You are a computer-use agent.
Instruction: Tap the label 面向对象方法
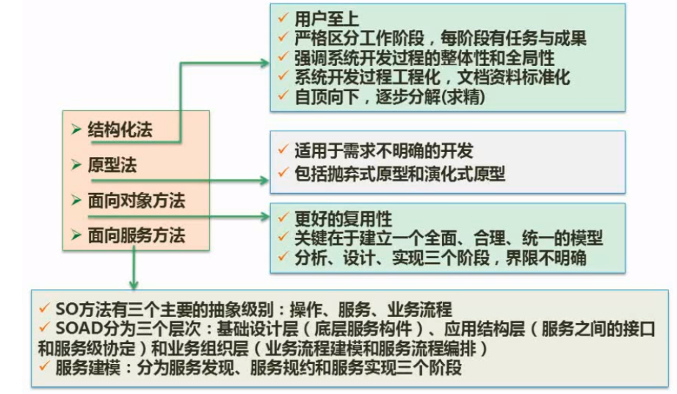[136, 200]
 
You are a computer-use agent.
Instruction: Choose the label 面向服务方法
[136, 236]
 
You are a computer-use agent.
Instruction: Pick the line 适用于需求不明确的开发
[383, 152]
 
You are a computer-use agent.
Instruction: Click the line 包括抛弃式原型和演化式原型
[399, 175]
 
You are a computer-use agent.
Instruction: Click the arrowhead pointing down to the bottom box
[133, 283]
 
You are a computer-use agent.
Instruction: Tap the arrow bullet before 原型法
[76, 165]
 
